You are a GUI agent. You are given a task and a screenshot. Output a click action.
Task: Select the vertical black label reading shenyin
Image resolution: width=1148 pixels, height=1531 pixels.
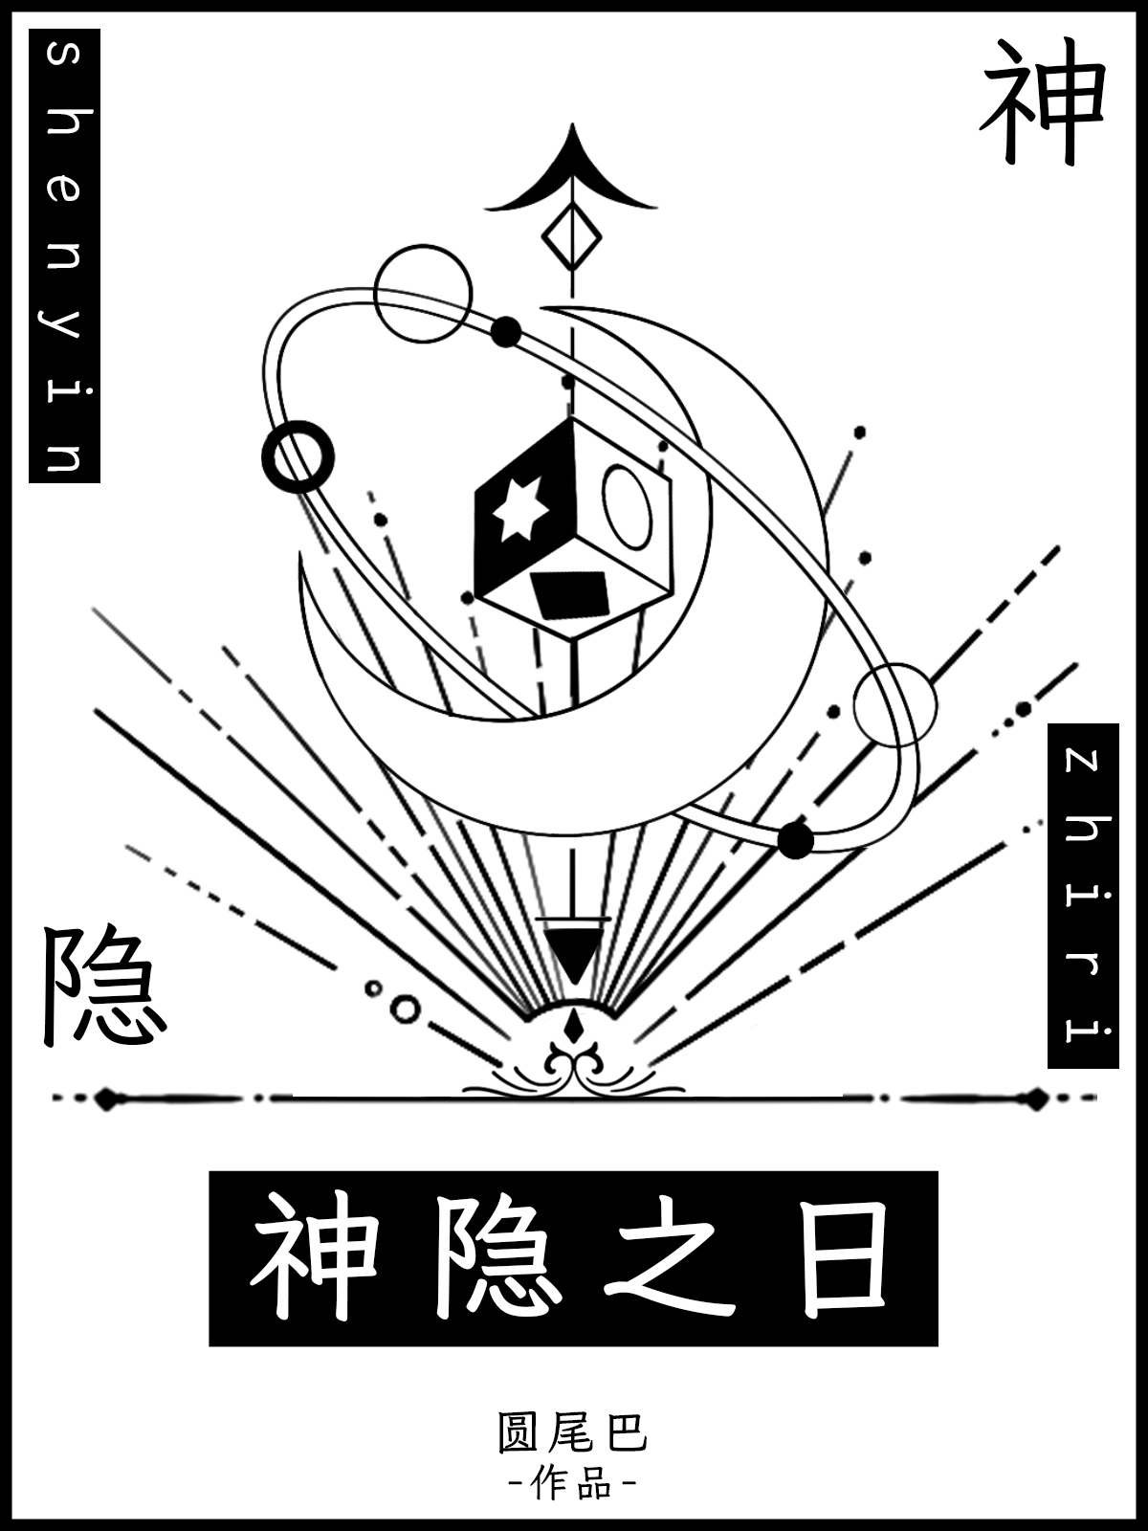pyautogui.click(x=64, y=255)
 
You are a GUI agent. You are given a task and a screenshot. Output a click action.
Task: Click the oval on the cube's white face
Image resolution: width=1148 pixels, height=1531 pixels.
pyautogui.click(x=628, y=507)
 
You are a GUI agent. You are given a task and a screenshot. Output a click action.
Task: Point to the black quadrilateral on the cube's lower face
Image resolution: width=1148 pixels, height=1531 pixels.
pyautogui.click(x=570, y=595)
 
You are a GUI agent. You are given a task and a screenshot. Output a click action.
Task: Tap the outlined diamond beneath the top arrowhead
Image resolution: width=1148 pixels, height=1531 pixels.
pyautogui.click(x=572, y=238)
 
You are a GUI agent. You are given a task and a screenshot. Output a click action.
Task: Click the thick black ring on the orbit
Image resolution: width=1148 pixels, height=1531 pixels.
pyautogui.click(x=298, y=456)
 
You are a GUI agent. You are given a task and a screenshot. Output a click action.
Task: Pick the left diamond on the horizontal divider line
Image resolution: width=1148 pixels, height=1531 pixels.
pyautogui.click(x=104, y=1098)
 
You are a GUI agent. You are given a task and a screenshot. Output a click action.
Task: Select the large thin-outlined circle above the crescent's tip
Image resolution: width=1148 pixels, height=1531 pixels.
pyautogui.click(x=423, y=294)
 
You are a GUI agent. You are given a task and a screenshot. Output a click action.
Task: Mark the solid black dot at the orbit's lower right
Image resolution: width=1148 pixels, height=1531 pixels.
pyautogui.click(x=795, y=840)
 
